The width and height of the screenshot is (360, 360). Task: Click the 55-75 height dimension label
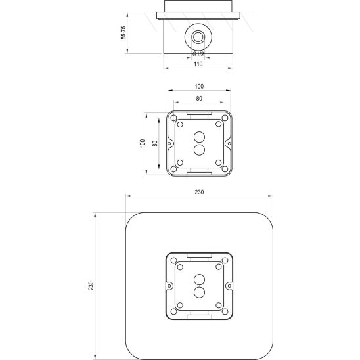point(124,33)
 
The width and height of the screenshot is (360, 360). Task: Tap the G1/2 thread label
point(198,54)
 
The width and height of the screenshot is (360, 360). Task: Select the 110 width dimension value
point(198,64)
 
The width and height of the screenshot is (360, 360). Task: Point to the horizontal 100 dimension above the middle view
point(199,87)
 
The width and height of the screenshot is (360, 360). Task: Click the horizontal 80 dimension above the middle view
point(199,99)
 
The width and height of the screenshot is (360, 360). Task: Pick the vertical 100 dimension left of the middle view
point(143,143)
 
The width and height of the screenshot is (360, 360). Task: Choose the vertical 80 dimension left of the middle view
point(155,143)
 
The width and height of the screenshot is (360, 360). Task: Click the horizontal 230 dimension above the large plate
point(199,192)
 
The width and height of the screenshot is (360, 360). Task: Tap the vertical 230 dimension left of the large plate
point(91,286)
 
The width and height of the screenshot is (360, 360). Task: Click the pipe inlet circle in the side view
point(198,37)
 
